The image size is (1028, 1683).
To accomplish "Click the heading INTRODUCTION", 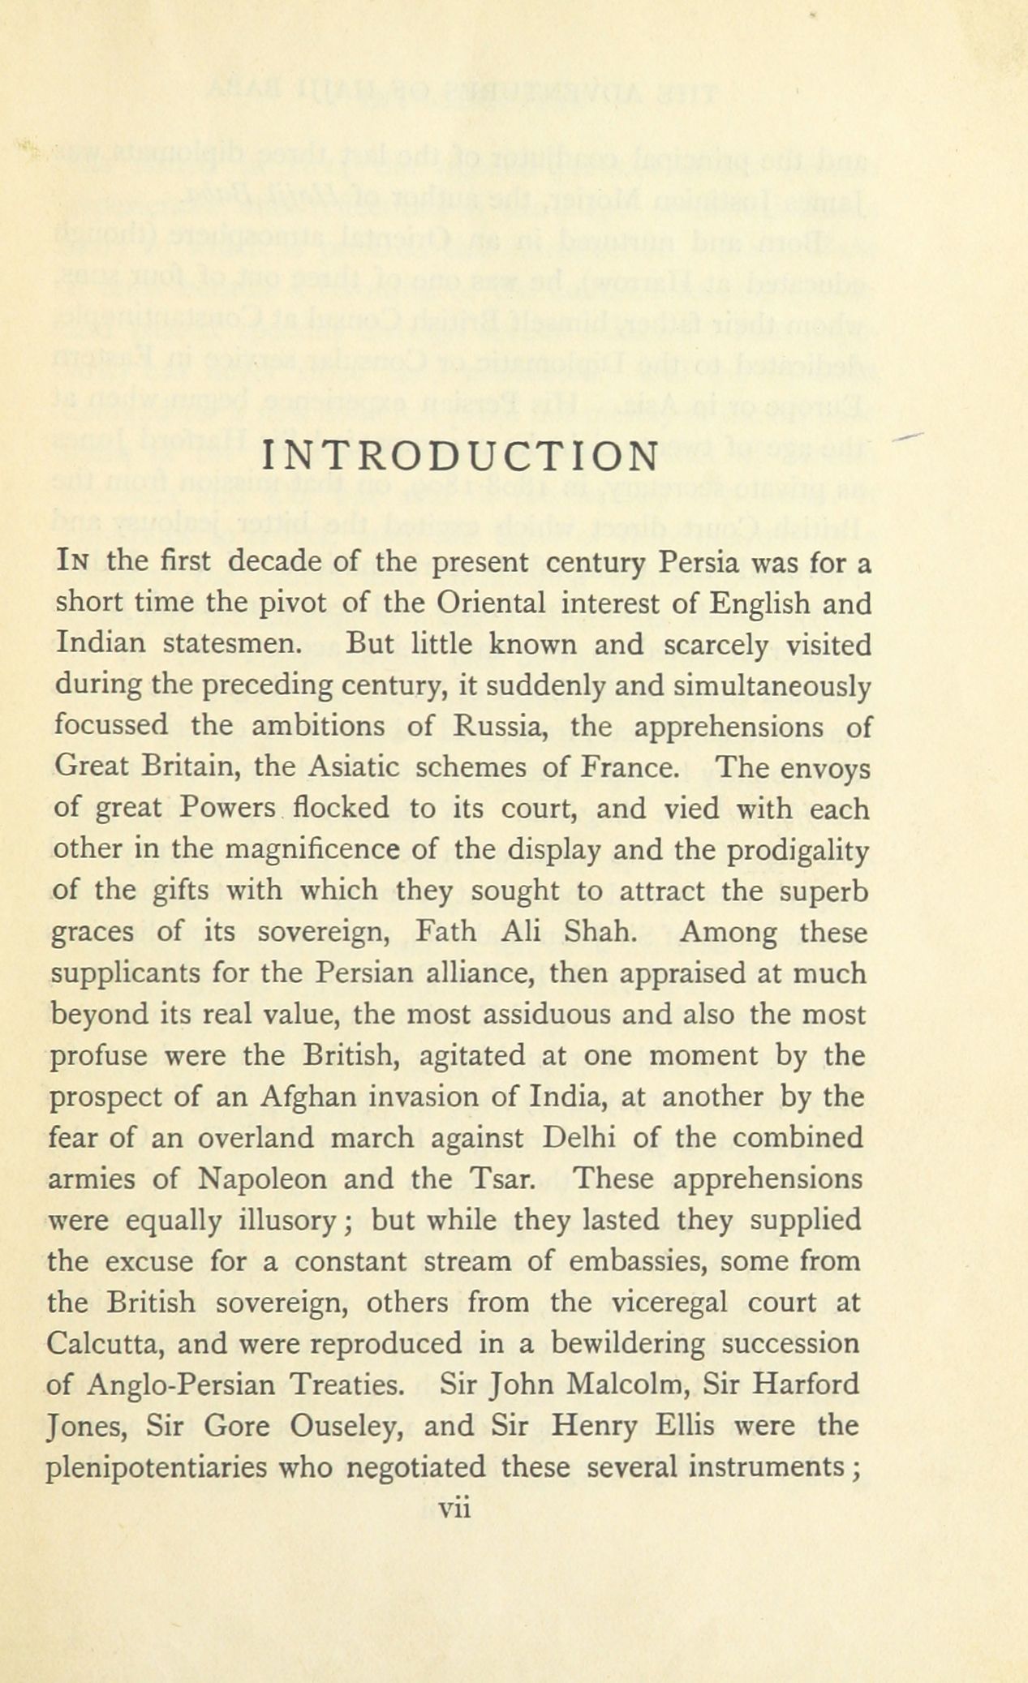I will coord(460,457).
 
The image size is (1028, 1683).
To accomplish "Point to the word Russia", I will coord(500,726).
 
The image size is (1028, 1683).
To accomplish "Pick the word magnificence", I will coord(331,850).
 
